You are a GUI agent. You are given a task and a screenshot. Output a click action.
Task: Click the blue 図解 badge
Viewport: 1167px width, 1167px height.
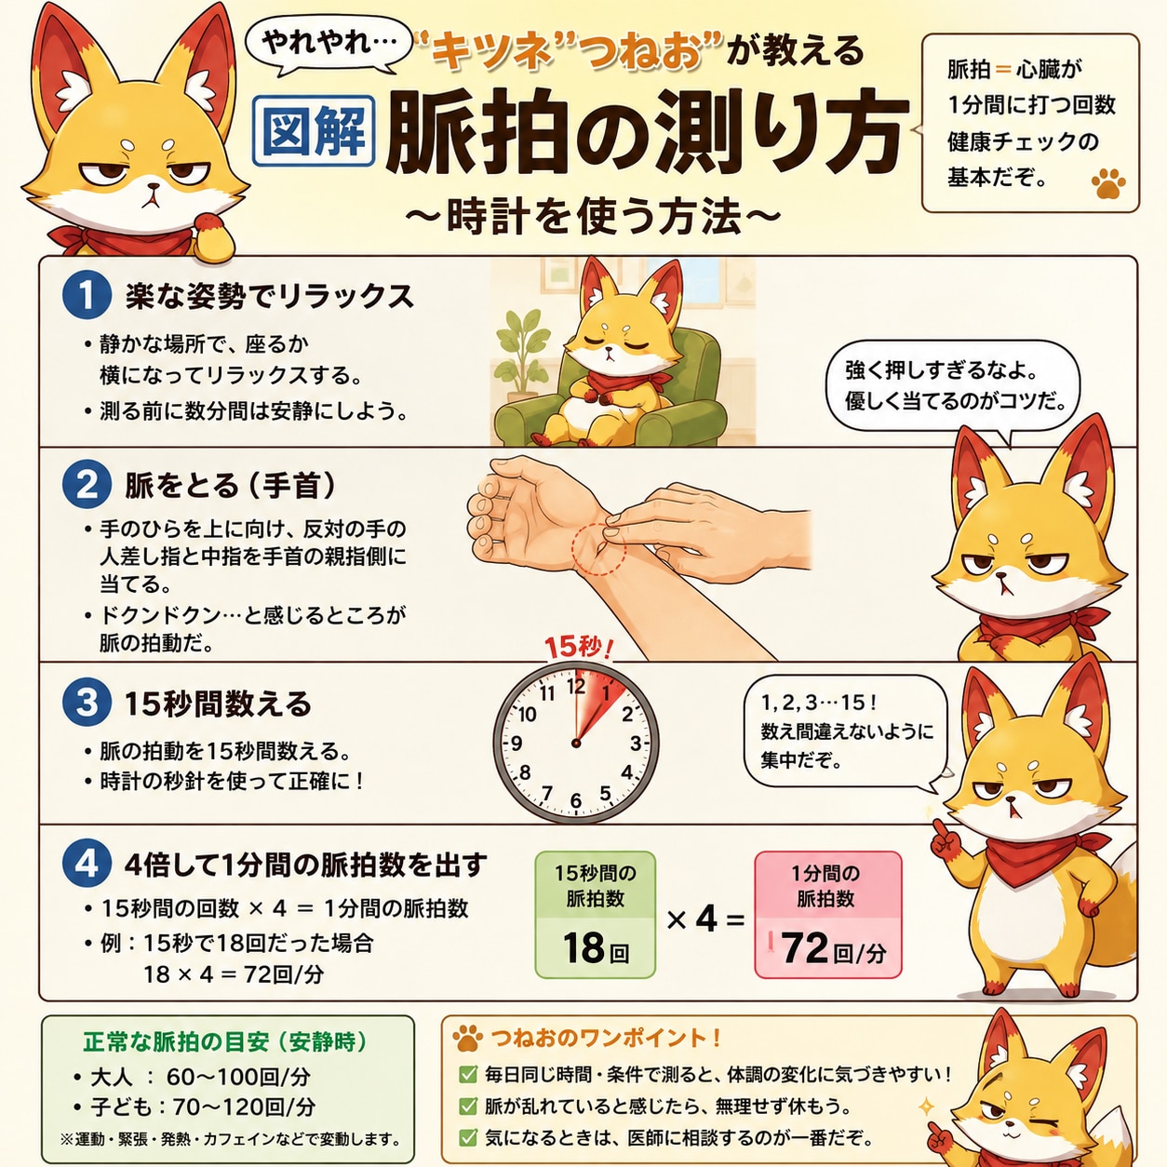point(313,130)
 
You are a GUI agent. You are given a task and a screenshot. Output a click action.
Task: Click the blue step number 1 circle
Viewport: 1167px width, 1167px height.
point(87,295)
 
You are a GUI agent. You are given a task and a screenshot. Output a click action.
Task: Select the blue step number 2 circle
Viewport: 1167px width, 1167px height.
point(87,485)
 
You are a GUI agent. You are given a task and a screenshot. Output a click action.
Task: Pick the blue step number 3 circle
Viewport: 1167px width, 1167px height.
point(87,704)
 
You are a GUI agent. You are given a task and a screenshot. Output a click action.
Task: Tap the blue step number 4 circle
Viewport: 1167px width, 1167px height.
point(87,865)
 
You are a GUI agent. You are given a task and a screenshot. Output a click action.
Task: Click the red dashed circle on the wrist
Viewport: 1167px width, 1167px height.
point(598,548)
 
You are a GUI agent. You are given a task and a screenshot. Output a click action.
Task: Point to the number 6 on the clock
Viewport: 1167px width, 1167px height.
point(575,800)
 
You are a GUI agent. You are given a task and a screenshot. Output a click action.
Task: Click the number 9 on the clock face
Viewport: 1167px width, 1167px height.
point(516,743)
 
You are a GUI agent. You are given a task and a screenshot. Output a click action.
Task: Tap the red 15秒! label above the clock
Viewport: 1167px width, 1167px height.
point(578,648)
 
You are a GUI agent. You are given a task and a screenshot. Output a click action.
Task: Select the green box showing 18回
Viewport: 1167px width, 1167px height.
point(596,915)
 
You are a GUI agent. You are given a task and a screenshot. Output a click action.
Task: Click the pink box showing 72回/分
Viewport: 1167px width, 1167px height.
point(828,915)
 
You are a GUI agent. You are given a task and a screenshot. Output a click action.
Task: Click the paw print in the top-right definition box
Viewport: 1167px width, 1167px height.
point(1108,184)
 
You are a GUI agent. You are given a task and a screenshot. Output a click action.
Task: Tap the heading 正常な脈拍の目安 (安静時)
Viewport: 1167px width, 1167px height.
point(225,1041)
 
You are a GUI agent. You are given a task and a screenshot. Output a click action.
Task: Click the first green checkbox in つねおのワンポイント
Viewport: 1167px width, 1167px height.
point(467,1075)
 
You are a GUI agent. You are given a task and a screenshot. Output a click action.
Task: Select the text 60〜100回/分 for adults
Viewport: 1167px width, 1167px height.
point(238,1077)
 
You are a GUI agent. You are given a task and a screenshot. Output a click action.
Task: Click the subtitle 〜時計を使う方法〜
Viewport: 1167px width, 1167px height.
point(592,217)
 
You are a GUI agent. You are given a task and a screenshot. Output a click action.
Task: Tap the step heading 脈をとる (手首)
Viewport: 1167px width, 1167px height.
point(230,485)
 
